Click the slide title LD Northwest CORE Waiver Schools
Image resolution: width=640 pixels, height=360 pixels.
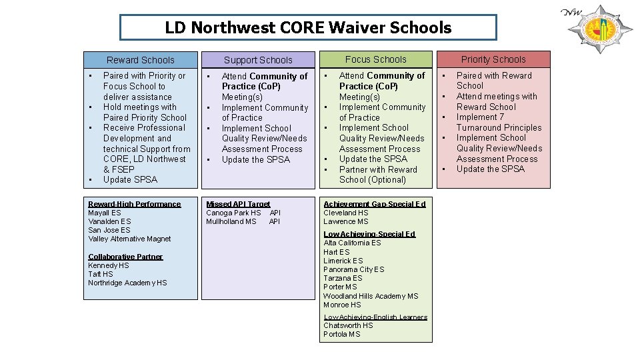pyautogui.click(x=308, y=28)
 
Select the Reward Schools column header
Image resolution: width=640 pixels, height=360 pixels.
pyautogui.click(x=140, y=60)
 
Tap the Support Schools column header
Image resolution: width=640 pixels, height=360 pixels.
pyautogui.click(x=258, y=60)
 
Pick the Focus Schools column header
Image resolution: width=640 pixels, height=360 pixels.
pyautogui.click(x=376, y=59)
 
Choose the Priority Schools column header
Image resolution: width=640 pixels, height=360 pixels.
pyautogui.click(x=493, y=59)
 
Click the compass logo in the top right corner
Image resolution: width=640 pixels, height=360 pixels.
pyautogui.click(x=600, y=31)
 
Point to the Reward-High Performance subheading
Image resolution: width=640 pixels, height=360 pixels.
pyautogui.click(x=134, y=204)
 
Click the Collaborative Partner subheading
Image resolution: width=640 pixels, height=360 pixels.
pyautogui.click(x=125, y=257)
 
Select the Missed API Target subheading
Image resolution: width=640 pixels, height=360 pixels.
pyautogui.click(x=238, y=204)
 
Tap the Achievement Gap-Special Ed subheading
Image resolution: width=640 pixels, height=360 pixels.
pyautogui.click(x=374, y=204)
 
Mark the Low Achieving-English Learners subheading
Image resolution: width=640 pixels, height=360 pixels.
pyautogui.click(x=375, y=317)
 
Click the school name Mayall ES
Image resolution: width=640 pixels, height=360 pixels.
pyautogui.click(x=105, y=213)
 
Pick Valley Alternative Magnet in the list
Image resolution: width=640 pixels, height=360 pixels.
pyautogui.click(x=129, y=239)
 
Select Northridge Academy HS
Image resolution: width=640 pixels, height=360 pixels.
pyautogui.click(x=127, y=283)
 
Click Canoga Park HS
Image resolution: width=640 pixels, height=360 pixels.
pyautogui.click(x=233, y=213)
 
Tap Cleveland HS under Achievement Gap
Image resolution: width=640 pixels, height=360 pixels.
pyautogui.click(x=345, y=213)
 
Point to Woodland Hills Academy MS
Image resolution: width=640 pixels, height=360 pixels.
pyautogui.click(x=371, y=296)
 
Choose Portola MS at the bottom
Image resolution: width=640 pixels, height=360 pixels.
pyautogui.click(x=341, y=335)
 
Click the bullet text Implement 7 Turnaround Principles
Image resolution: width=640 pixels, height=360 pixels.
pyautogui.click(x=499, y=122)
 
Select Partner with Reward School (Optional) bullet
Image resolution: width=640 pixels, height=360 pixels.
pyautogui.click(x=377, y=175)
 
